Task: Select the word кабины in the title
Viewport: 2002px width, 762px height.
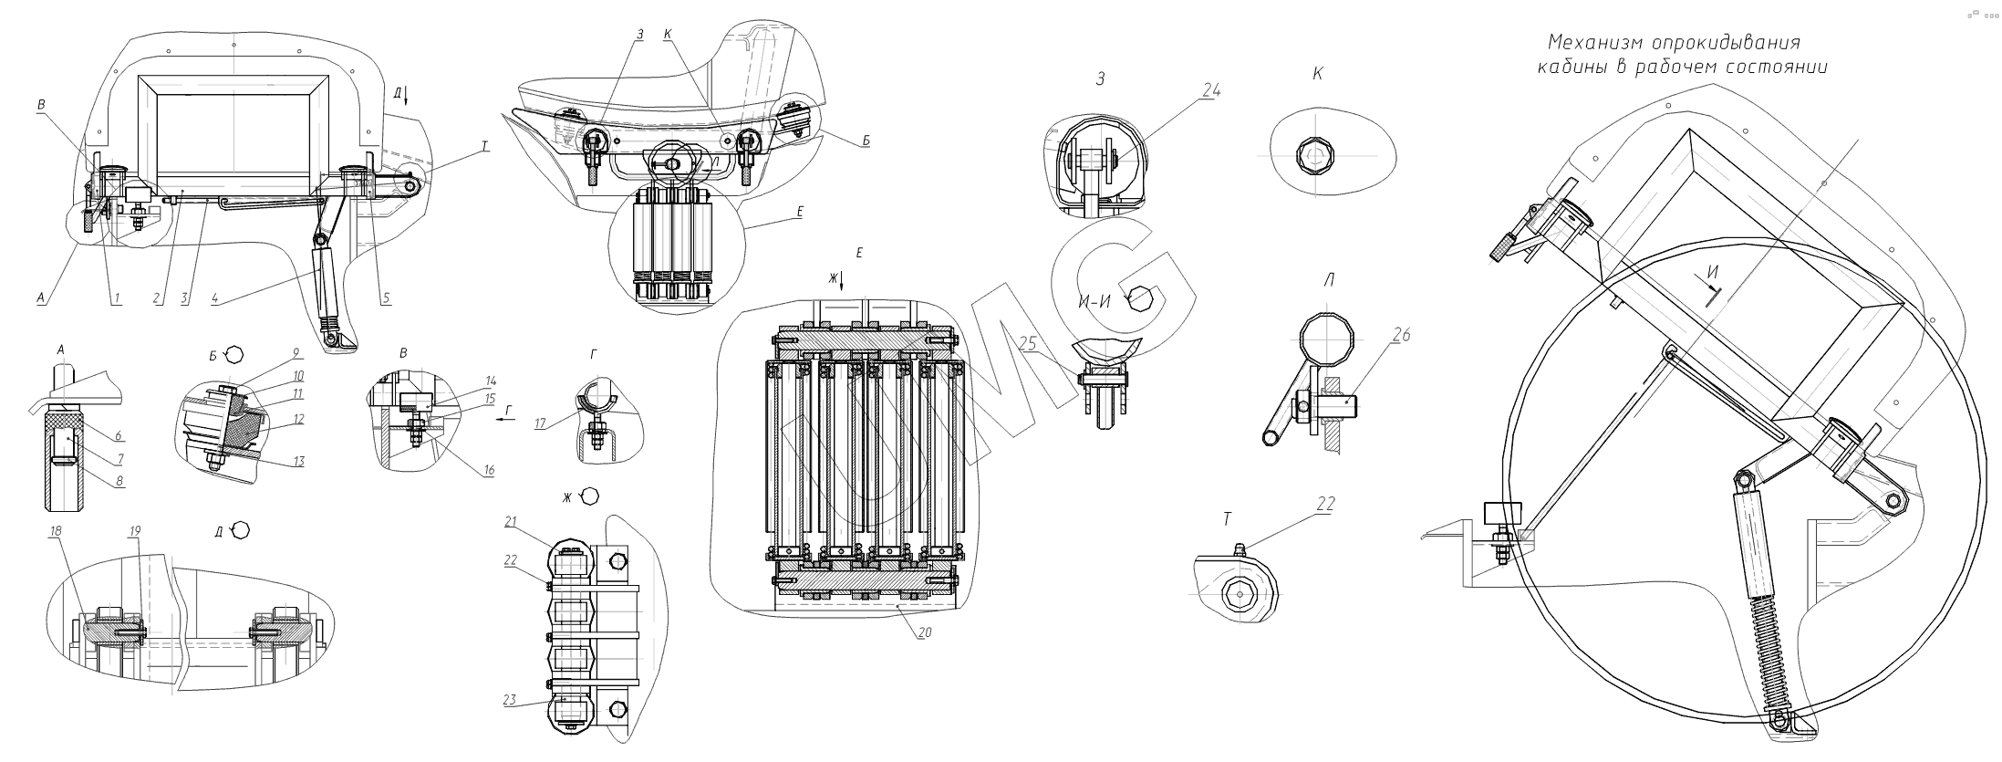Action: (1570, 68)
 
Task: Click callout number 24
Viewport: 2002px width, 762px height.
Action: (1211, 90)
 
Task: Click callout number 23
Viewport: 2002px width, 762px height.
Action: (509, 701)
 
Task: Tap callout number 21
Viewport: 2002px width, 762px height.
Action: (511, 521)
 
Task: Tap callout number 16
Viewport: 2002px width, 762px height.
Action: (489, 470)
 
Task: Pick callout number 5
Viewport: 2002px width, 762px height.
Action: (386, 297)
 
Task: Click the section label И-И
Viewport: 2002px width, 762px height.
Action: (1094, 302)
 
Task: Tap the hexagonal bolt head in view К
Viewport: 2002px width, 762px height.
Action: (1314, 160)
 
